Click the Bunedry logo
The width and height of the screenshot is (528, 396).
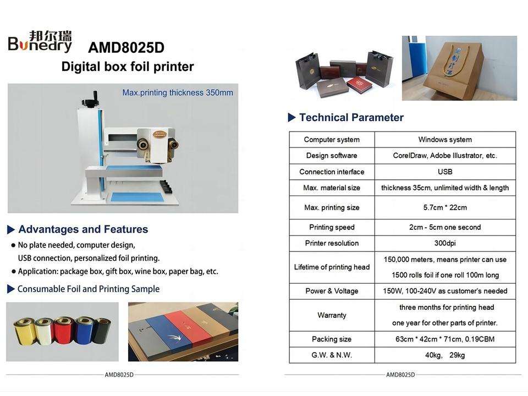coord(40,41)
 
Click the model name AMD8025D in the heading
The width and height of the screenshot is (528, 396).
coord(126,47)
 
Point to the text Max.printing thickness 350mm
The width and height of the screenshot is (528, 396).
coord(178,92)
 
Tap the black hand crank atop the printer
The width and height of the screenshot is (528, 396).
coord(90,100)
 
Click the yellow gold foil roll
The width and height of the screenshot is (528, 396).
coord(25,331)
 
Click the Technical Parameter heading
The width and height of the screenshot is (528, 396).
coord(351,117)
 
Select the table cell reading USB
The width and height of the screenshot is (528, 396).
coord(445,172)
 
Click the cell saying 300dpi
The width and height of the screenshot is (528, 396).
coord(445,243)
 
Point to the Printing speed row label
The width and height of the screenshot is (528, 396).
coord(332,227)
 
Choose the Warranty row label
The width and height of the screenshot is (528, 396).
coord(332,315)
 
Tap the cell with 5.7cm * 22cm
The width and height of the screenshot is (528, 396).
coord(445,207)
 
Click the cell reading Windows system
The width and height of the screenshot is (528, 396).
coord(445,139)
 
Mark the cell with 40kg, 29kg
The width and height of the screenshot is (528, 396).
coord(445,355)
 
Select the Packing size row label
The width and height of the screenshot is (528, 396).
coord(332,339)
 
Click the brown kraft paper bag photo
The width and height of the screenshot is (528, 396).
coord(459,68)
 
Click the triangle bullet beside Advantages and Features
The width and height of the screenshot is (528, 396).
coord(11,230)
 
